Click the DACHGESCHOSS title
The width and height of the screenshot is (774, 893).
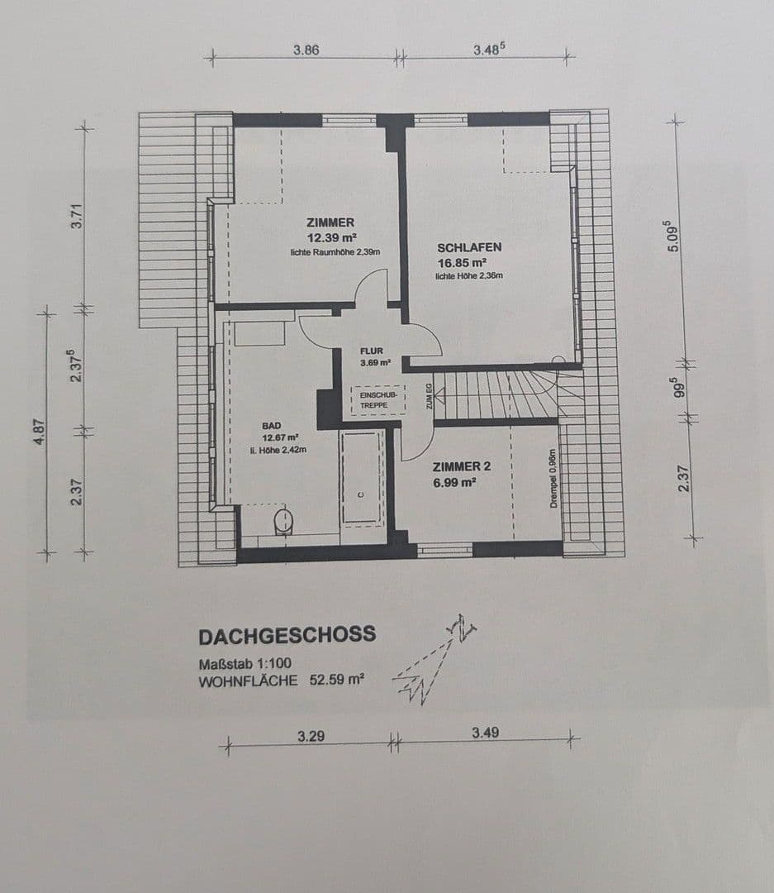tap(287, 635)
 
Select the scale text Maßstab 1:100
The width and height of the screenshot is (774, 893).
tap(245, 664)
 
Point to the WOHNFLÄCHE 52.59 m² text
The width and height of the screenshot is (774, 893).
tap(282, 682)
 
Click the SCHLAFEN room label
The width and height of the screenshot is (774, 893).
tap(469, 247)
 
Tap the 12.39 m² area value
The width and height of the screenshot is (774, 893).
tap(331, 237)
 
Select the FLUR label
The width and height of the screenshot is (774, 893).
tap(373, 351)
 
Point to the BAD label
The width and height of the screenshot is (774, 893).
tap(272, 426)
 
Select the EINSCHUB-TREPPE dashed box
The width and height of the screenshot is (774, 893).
tap(378, 400)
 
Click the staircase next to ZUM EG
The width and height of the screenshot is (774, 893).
tap(504, 395)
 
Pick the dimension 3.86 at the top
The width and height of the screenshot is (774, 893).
tap(306, 50)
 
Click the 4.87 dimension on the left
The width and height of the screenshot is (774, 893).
tap(40, 432)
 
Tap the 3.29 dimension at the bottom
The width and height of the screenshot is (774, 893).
tap(311, 734)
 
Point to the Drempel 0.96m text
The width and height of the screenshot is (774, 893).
tap(554, 480)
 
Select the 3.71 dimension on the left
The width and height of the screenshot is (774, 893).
tap(77, 217)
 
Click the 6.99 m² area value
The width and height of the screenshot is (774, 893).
tap(455, 482)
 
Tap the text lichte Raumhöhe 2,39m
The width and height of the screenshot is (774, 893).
tap(335, 251)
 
